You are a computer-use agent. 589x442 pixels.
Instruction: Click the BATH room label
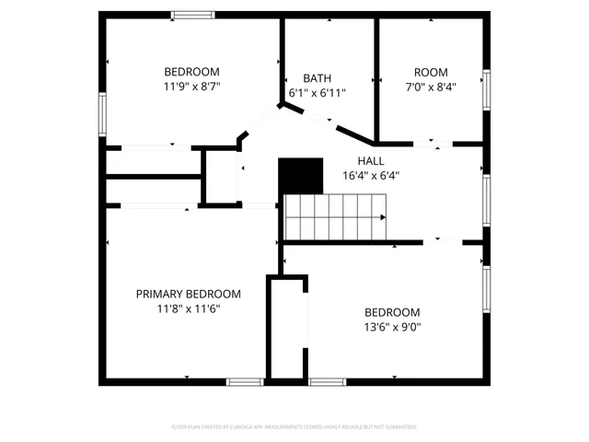tap(318, 78)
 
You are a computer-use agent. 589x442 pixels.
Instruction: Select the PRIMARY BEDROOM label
tap(189, 294)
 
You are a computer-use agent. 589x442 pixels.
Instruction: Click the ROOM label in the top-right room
tap(430, 73)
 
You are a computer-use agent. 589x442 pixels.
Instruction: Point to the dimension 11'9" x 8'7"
tap(191, 87)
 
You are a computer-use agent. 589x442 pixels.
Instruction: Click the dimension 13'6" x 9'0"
tap(392, 326)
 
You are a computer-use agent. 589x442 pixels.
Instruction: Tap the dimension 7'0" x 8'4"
tap(430, 87)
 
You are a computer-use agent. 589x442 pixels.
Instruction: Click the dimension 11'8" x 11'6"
tap(189, 308)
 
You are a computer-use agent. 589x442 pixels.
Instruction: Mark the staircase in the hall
tap(333, 217)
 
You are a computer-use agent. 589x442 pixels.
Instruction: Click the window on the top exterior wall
tap(192, 14)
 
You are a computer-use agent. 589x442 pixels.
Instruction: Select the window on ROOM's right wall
tap(486, 89)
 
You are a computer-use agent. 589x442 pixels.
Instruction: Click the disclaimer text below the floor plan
tap(294, 427)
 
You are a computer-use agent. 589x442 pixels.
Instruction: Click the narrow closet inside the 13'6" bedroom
tap(286, 326)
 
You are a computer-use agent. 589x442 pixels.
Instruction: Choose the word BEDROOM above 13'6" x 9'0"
tap(392, 312)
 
